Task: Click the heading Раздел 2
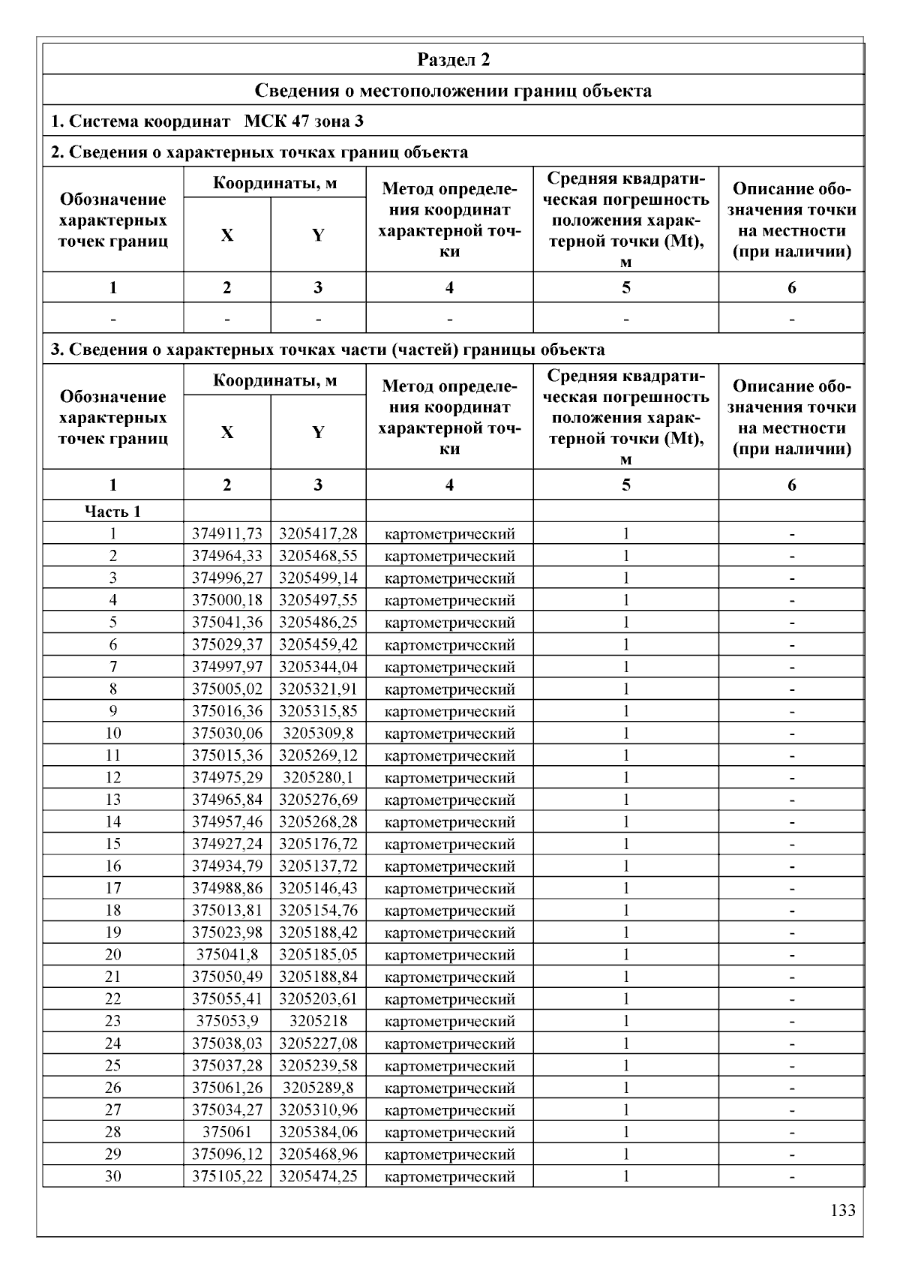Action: pos(453,60)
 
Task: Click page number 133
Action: pos(843,1210)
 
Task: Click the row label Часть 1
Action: pos(112,512)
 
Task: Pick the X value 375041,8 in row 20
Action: pos(227,955)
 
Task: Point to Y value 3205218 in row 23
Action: pos(318,1021)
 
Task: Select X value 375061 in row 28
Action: pos(227,1132)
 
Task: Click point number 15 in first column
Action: pos(112,844)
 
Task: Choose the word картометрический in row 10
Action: pos(449,734)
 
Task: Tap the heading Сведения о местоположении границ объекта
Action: pos(453,91)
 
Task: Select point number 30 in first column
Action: pos(112,1176)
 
